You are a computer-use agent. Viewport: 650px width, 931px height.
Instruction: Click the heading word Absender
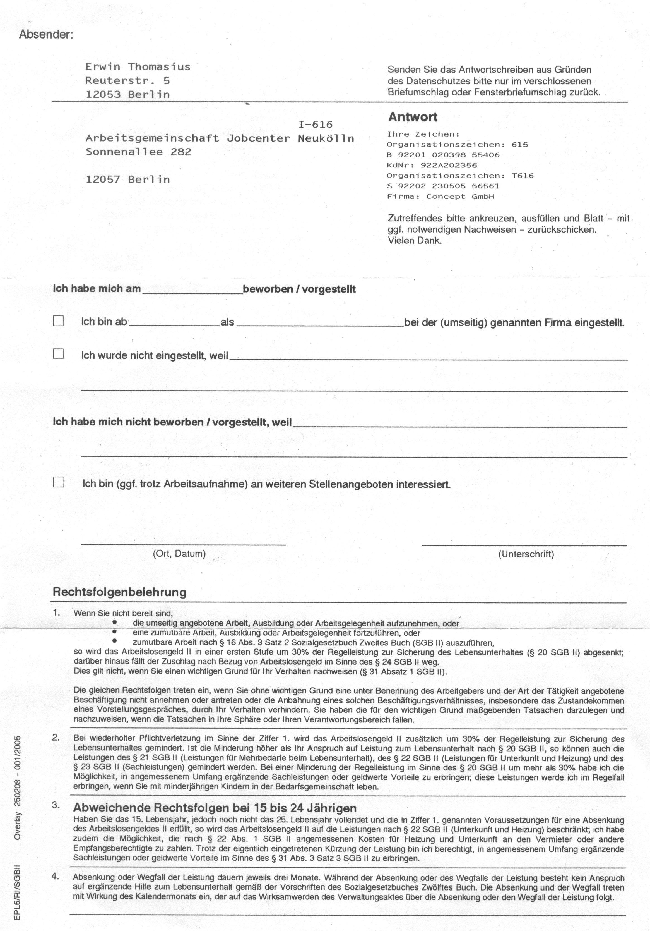tap(45, 34)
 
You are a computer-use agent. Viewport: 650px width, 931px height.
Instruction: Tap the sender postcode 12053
tap(103, 94)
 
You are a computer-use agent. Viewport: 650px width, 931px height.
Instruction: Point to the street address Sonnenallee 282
tap(138, 152)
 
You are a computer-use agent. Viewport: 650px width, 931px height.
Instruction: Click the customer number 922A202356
tap(449, 166)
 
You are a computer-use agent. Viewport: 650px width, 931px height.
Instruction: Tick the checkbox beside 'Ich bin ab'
tap(59, 321)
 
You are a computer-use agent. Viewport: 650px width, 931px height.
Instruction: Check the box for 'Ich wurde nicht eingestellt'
tap(59, 354)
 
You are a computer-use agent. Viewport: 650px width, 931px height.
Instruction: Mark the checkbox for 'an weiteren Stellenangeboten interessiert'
tap(59, 482)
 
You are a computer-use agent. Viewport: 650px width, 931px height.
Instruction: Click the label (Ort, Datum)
tap(179, 554)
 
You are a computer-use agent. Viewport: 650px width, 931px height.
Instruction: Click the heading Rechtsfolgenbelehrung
tap(120, 592)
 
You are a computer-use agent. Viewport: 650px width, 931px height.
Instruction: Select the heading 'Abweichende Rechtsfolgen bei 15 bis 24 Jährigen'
tap(215, 808)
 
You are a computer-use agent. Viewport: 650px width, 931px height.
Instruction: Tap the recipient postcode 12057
tap(103, 180)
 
